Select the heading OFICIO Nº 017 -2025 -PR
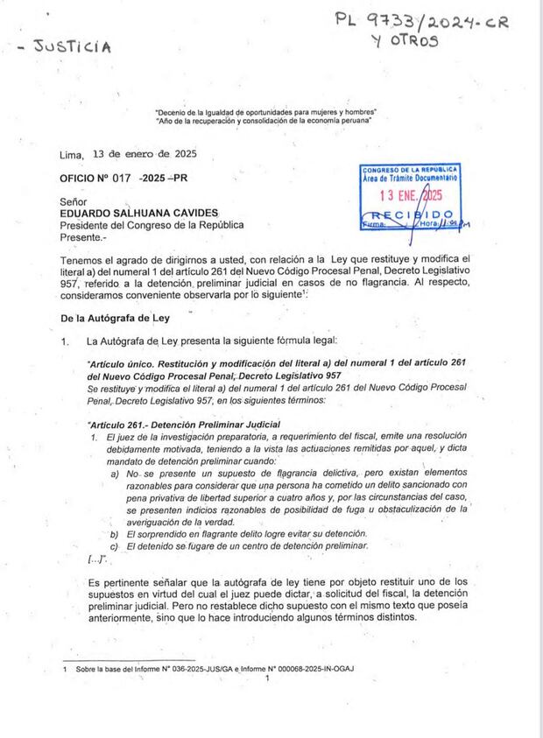pyautogui.click(x=123, y=178)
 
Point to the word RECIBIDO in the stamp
pyautogui.click(x=411, y=214)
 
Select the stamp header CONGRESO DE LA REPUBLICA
pyautogui.click(x=411, y=169)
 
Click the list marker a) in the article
pyautogui.click(x=115, y=473)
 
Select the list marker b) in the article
pyautogui.click(x=115, y=533)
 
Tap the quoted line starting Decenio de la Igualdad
pyautogui.click(x=265, y=113)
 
